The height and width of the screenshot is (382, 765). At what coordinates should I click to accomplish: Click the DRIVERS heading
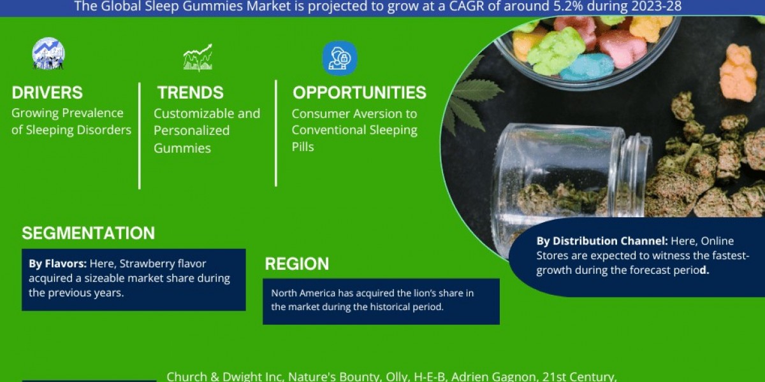point(47,93)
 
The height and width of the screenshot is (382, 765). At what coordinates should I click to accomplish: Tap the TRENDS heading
point(191,93)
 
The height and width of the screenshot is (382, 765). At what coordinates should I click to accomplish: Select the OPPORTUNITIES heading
point(360,93)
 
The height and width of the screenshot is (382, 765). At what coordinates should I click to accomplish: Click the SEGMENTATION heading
point(88,233)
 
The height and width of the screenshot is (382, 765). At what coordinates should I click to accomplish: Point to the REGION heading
point(297,264)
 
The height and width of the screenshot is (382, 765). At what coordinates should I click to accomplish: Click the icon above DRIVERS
point(48,54)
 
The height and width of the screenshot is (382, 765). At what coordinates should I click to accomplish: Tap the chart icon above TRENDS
point(198,57)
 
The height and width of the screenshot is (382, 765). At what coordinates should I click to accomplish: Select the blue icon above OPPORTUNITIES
point(339,57)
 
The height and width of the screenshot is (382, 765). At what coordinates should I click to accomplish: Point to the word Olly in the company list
point(398,376)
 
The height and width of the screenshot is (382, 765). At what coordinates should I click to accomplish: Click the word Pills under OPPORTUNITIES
point(303,147)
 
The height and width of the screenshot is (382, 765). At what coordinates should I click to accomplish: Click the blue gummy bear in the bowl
point(586,67)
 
